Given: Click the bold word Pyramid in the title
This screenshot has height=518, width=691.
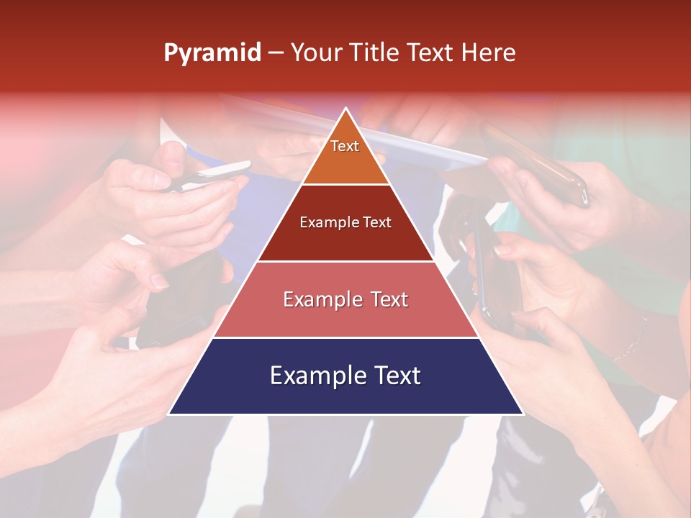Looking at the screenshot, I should (212, 53).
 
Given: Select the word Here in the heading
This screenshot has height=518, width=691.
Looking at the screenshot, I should (488, 53).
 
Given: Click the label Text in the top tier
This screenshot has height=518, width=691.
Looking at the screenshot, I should (345, 146).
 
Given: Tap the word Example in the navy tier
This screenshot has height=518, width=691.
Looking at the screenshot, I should (314, 376).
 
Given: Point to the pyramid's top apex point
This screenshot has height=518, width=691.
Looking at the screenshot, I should (346, 109).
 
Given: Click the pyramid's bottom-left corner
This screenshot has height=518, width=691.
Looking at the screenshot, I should (169, 414).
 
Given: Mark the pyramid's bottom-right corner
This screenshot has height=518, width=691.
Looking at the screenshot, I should (523, 414).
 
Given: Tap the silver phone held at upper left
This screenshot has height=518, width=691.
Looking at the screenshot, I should (216, 173).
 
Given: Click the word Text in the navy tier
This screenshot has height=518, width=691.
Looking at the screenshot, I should (393, 376).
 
